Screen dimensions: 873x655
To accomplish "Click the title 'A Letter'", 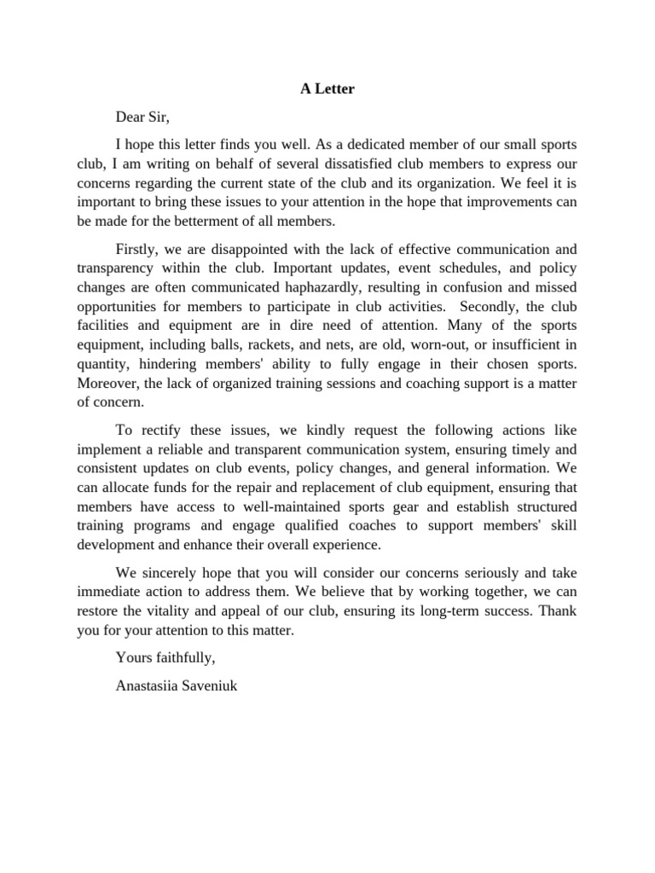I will click(327, 89).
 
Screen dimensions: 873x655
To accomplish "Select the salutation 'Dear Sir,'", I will click(148, 117).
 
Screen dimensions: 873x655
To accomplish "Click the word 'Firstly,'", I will click(139, 249).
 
